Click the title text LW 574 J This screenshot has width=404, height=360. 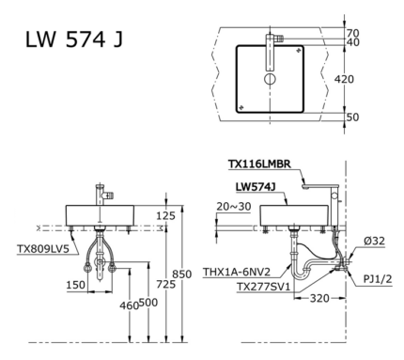(74, 41)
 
